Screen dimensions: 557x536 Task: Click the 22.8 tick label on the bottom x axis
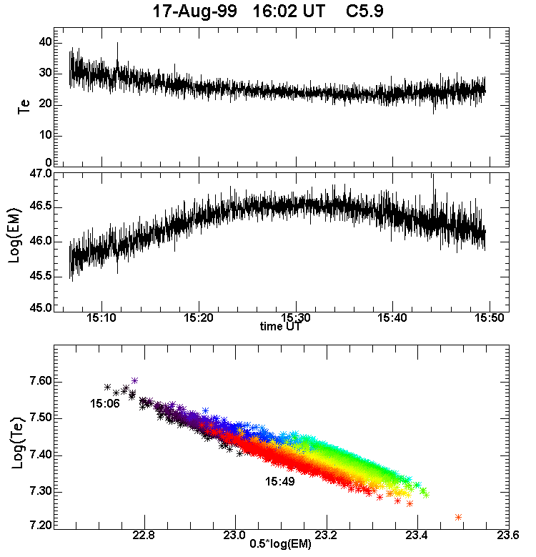pos(144,535)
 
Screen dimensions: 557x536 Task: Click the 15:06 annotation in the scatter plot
pos(104,404)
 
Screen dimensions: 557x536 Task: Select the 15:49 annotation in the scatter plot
pos(280,481)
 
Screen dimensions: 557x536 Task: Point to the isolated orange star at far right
pos(458,517)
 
